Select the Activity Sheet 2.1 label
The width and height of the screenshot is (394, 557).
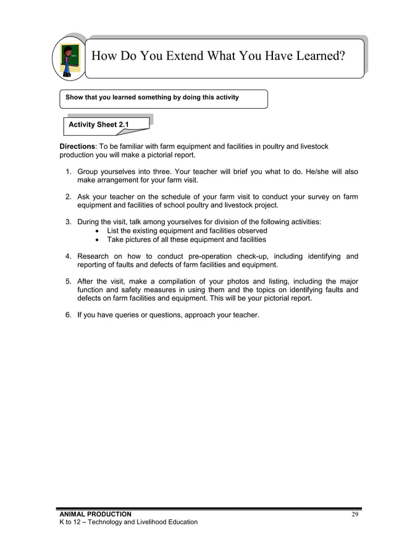99,125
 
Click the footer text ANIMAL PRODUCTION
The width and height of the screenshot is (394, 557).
95,514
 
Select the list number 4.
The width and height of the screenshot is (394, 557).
69,256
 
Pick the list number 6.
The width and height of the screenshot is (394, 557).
69,316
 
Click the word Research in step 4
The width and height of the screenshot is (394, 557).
93,256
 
